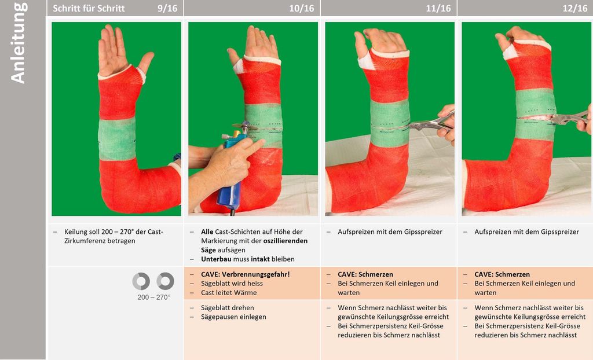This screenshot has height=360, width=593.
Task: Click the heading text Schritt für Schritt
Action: [89, 8]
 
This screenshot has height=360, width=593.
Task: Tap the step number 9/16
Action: [167, 8]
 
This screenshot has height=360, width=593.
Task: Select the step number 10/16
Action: [301, 8]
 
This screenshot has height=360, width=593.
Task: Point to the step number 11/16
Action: [438, 8]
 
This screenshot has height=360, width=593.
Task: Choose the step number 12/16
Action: [575, 8]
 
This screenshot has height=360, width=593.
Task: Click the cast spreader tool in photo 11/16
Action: [431, 123]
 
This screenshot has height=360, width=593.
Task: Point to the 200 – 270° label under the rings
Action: [153, 297]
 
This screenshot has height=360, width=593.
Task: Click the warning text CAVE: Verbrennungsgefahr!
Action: [245, 274]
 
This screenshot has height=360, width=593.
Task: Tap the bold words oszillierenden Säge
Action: [254, 245]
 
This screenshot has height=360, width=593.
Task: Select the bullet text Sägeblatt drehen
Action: [227, 307]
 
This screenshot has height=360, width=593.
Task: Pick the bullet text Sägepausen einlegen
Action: [233, 317]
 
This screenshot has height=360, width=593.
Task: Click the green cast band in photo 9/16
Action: [117, 138]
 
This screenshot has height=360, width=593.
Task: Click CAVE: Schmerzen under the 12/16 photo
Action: [502, 274]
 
